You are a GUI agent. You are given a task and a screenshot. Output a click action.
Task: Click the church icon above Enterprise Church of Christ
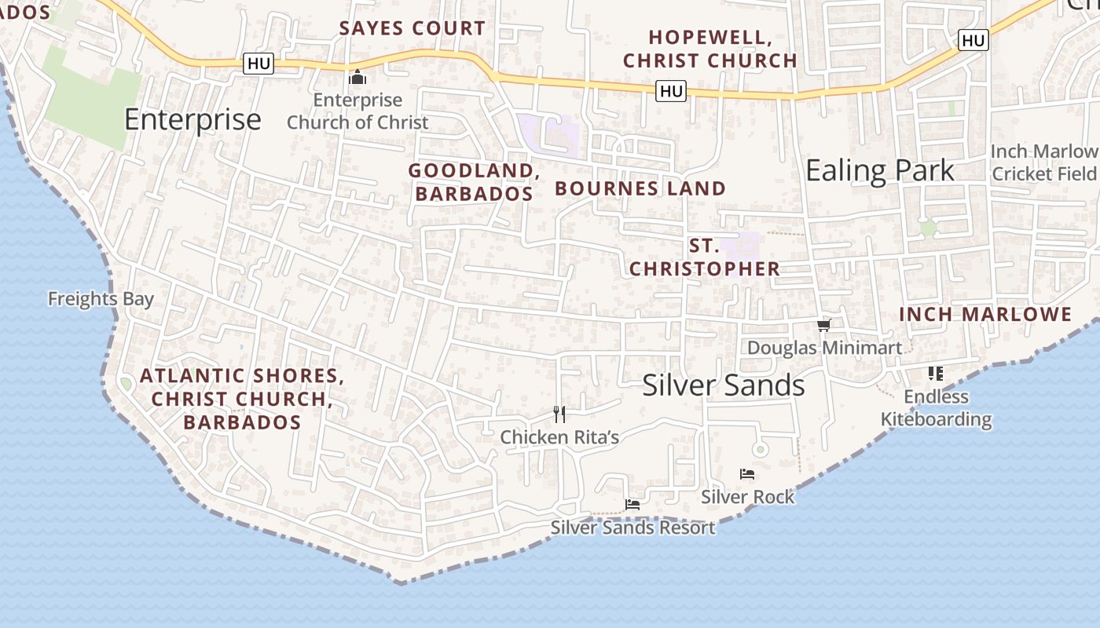(x=357, y=77)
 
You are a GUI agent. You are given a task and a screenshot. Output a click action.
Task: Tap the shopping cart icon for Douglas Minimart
(x=823, y=325)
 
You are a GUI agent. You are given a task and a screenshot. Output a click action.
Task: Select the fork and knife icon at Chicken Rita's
(x=559, y=414)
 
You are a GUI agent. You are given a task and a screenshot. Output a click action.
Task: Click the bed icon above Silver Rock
(x=747, y=473)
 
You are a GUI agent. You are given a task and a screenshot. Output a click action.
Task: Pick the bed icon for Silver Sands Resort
(x=632, y=504)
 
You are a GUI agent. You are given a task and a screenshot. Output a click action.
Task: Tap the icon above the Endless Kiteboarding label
(x=935, y=373)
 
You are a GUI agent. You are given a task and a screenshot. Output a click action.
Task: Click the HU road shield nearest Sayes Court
(x=258, y=64)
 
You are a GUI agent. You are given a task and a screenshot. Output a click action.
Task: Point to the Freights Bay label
(x=101, y=299)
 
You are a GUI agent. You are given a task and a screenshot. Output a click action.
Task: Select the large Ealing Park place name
(x=880, y=170)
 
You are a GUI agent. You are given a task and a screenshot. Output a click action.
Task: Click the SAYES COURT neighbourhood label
(x=412, y=28)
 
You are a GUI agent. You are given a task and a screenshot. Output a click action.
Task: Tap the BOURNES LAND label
(x=640, y=188)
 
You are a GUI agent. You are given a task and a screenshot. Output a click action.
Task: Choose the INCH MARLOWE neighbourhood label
(x=985, y=315)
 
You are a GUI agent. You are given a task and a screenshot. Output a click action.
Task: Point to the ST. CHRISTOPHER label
(x=705, y=257)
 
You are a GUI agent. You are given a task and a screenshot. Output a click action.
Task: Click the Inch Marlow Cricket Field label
(x=1044, y=162)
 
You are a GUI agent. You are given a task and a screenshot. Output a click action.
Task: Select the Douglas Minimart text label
(x=824, y=347)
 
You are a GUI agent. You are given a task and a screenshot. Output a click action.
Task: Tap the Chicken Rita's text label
(x=559, y=437)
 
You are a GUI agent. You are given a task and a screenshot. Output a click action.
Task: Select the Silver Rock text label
(x=748, y=497)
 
